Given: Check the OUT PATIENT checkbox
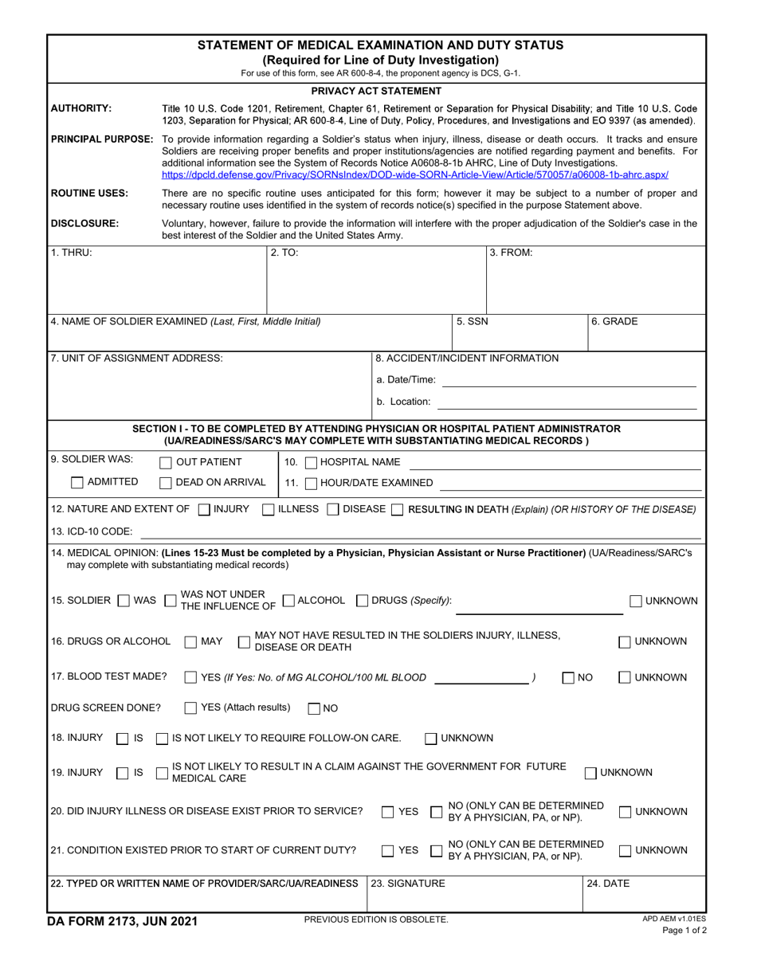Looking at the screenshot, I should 166,462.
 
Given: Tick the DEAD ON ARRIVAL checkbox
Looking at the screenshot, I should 166,482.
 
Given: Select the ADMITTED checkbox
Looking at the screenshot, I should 76,482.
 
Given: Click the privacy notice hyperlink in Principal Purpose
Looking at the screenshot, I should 414,174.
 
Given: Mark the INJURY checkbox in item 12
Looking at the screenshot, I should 204,509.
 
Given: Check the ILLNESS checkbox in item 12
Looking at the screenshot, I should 269,509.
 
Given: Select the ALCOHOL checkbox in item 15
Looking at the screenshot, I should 289,601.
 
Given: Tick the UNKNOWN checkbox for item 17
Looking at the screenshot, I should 626,678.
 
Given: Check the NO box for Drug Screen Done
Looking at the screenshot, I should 314,708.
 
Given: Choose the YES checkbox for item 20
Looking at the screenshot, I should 387,812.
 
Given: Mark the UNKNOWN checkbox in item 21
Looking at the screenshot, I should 626,850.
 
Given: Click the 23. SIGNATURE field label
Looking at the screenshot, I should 409,883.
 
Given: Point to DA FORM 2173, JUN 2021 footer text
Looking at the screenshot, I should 124,922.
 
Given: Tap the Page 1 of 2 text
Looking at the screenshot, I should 684,931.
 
